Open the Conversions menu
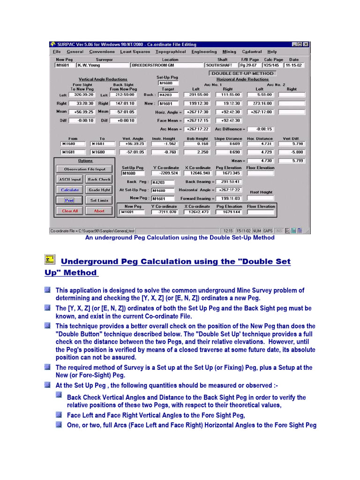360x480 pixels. (102, 52)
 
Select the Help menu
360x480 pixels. (272, 52)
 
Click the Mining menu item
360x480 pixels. (229, 52)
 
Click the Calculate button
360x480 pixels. (69, 190)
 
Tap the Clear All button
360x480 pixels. (69, 211)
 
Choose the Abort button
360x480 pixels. (99, 211)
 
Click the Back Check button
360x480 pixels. (99, 179)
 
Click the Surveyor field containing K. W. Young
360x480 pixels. (103, 66)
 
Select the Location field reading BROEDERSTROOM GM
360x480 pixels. (166, 66)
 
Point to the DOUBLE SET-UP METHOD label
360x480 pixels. (242, 74)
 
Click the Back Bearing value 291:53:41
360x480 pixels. (230, 182)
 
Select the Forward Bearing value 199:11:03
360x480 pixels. (230, 198)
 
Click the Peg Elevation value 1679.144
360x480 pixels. (229, 212)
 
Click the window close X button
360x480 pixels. (306, 45)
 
